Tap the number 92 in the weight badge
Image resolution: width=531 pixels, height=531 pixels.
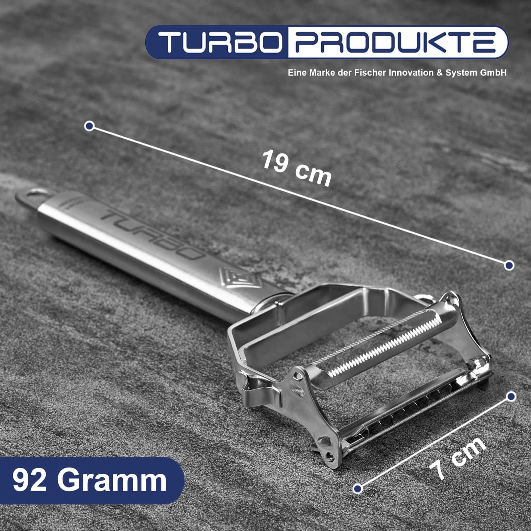pos(29,480)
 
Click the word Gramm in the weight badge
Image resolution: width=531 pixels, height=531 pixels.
pos(112,480)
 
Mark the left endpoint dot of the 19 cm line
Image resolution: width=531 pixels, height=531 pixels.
pos(89,126)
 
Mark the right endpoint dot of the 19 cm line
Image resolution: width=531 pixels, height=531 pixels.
pos(509,265)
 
